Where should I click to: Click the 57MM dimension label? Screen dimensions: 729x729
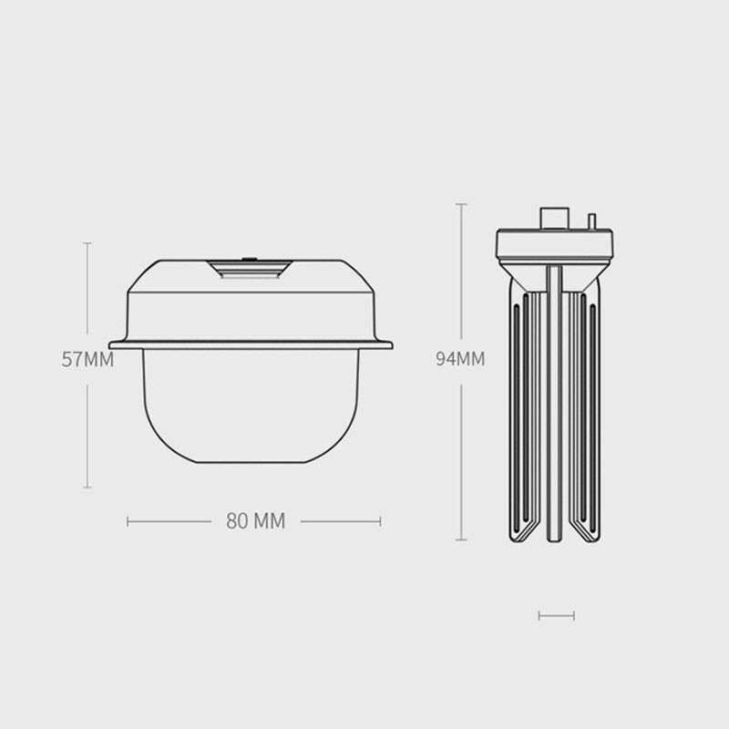coord(87,359)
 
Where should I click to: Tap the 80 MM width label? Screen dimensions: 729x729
coord(256,521)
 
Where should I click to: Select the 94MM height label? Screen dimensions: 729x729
coord(460,358)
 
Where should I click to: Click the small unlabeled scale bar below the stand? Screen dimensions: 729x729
coord(557,616)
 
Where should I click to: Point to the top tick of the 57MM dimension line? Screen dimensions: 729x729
coord(87,242)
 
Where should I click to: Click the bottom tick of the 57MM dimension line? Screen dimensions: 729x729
coord(87,488)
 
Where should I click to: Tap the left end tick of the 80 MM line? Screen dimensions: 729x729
coord(128,521)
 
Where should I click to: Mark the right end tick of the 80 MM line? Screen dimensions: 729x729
coord(380,521)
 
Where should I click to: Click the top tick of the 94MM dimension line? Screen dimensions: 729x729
coord(461,204)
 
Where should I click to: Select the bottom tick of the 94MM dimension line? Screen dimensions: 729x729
coord(461,539)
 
